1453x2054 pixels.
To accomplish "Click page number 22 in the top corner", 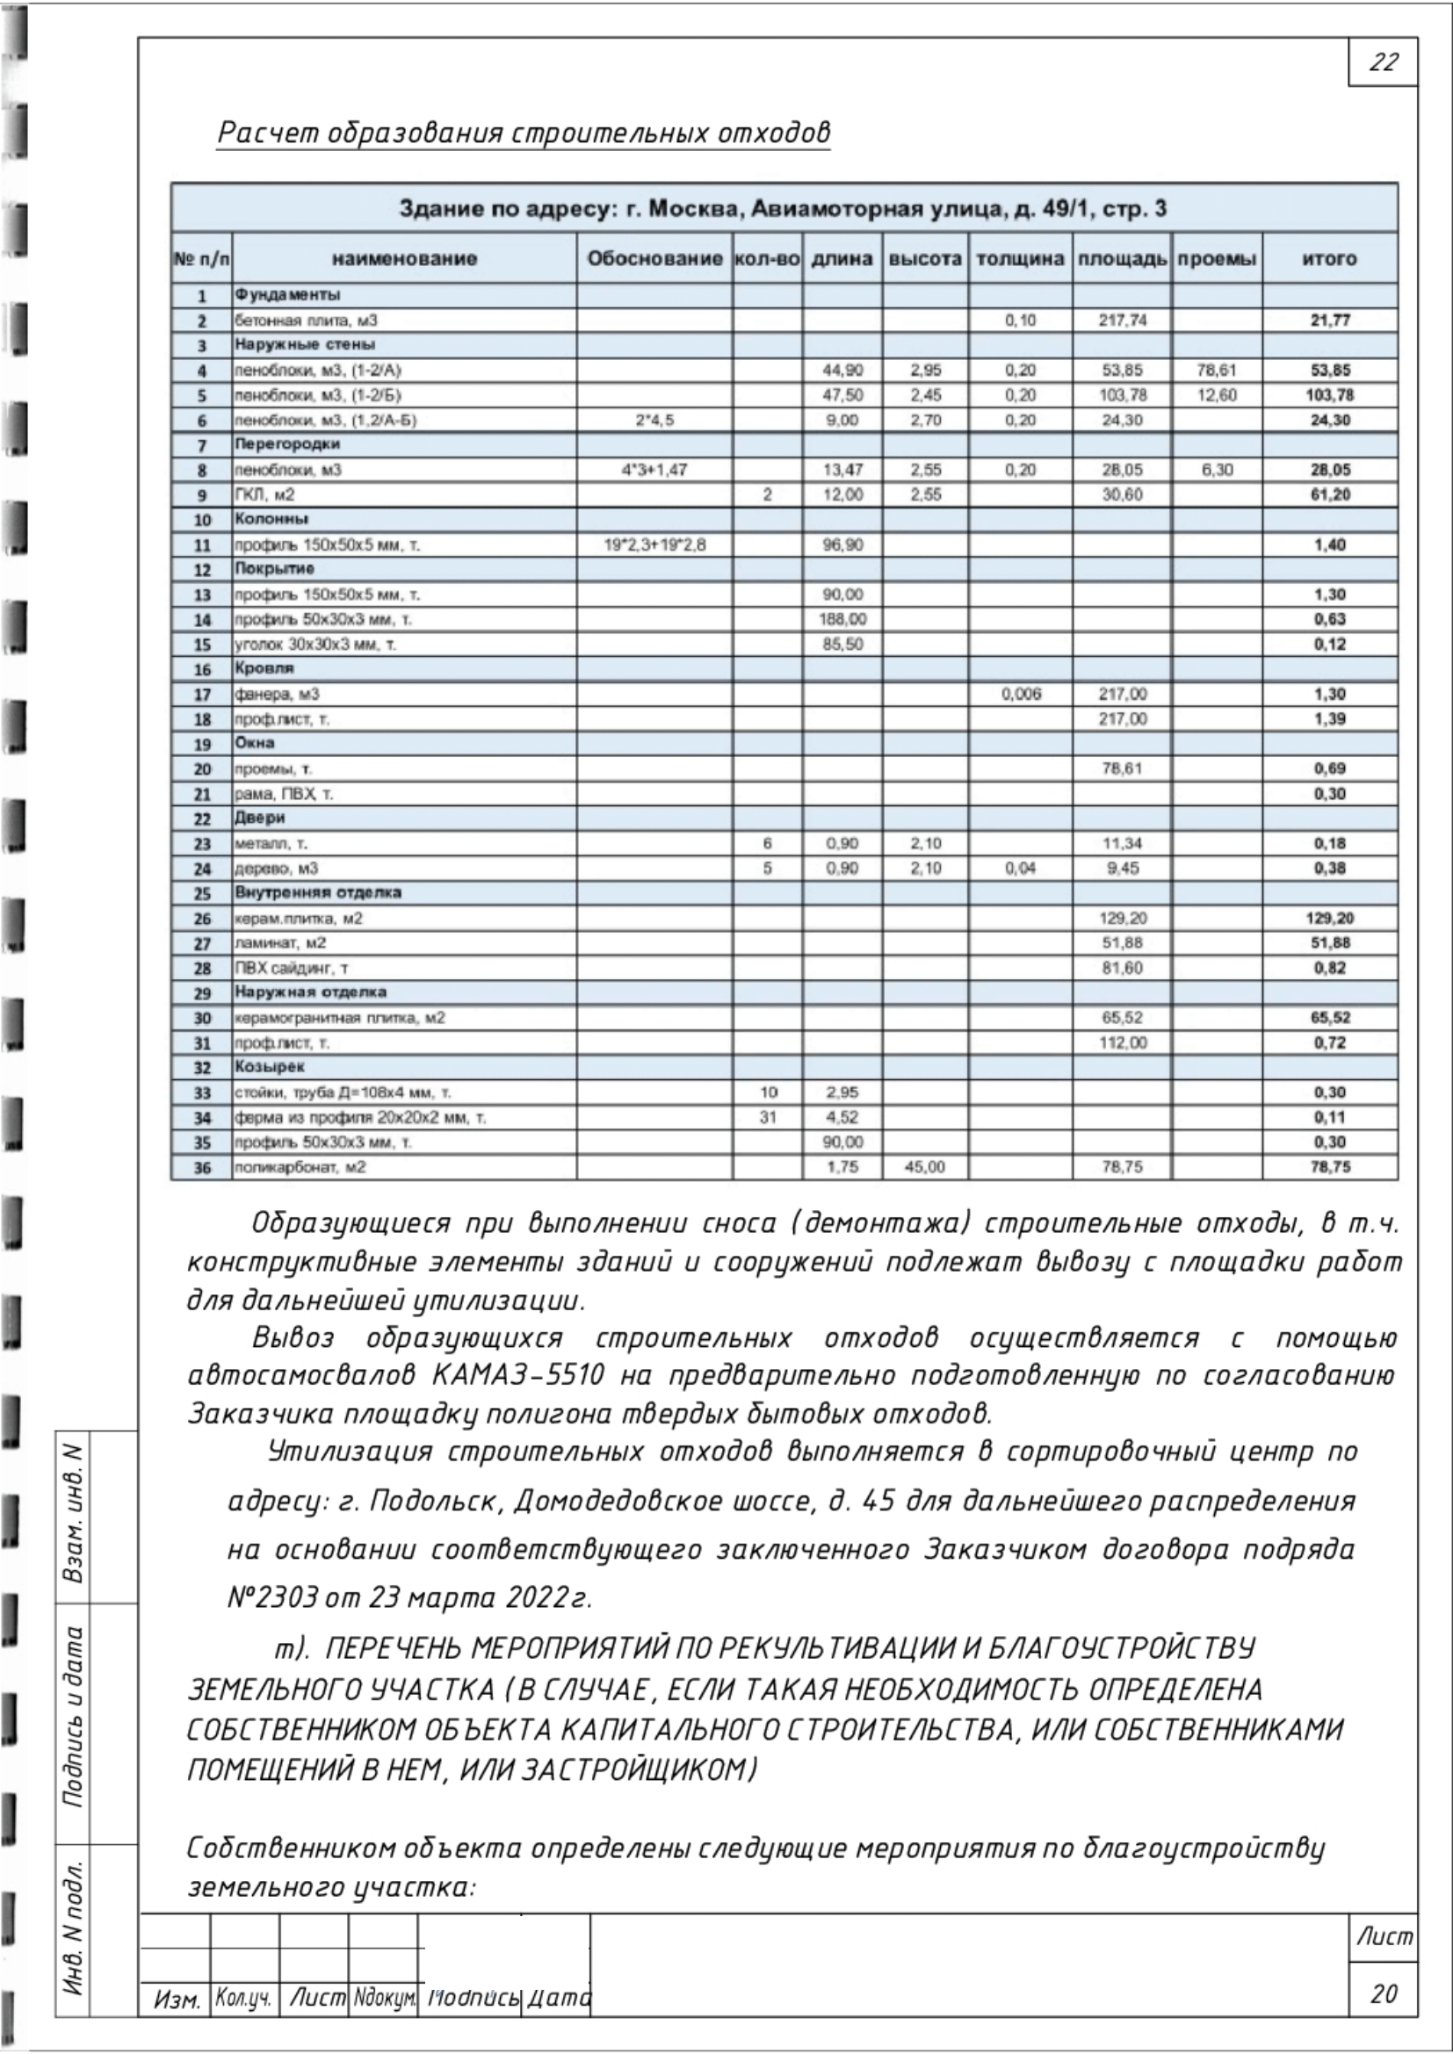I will (x=1383, y=62).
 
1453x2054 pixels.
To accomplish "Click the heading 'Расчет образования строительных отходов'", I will (x=524, y=133).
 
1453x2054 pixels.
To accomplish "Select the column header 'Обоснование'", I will (x=654, y=259).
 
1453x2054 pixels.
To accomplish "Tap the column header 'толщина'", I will (x=1020, y=259).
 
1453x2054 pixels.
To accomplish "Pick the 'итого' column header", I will (x=1329, y=259).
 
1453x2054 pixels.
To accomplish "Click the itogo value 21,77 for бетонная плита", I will (x=1329, y=321).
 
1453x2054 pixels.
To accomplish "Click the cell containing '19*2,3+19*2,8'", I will (x=654, y=544).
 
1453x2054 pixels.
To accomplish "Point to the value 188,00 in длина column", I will (x=842, y=619).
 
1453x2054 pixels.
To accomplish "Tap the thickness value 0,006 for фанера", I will (x=1021, y=695).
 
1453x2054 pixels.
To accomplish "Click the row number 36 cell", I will (x=202, y=1167).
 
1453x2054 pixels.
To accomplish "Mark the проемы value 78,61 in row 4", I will (x=1216, y=371).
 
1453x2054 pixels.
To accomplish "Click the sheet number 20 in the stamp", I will (x=1383, y=1993).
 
